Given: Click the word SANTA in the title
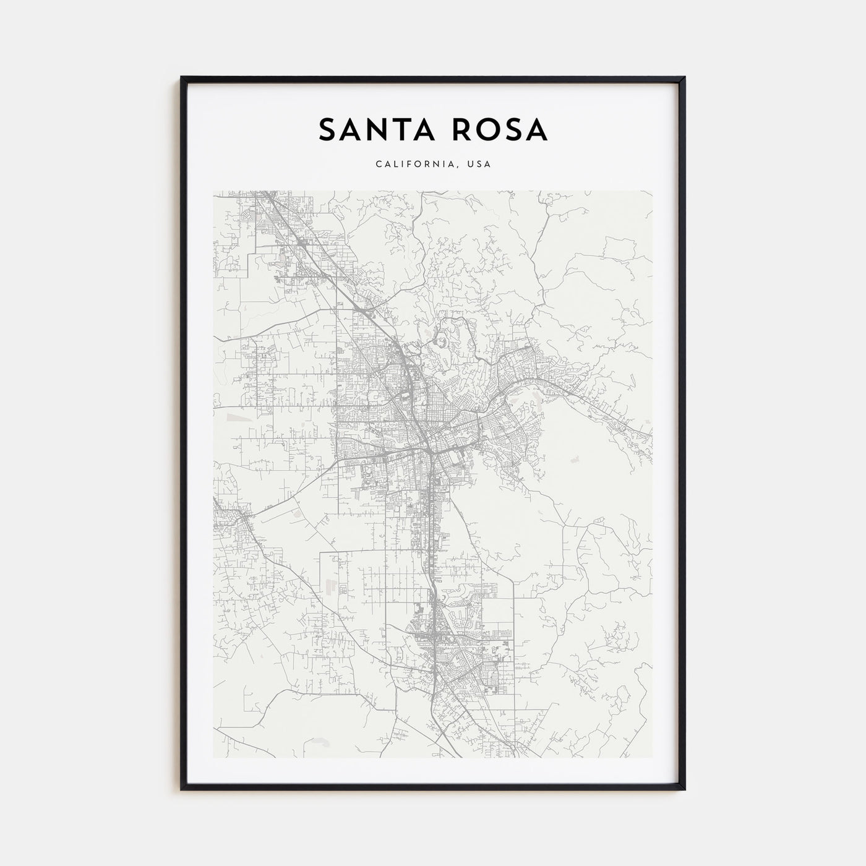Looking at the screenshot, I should point(374,130).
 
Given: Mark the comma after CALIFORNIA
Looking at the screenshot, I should point(458,167).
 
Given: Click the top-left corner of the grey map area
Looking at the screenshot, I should point(213,191).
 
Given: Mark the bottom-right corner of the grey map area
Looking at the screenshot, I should point(652,758).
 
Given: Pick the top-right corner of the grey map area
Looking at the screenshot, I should point(652,191).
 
